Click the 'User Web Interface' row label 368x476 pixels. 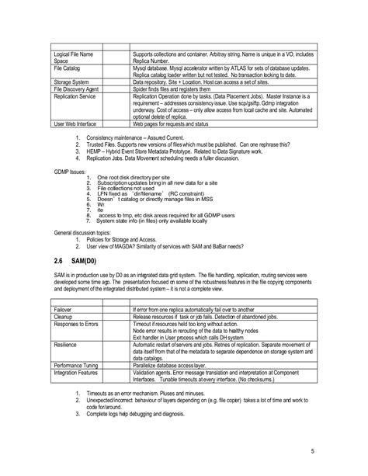click(x=76, y=123)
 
